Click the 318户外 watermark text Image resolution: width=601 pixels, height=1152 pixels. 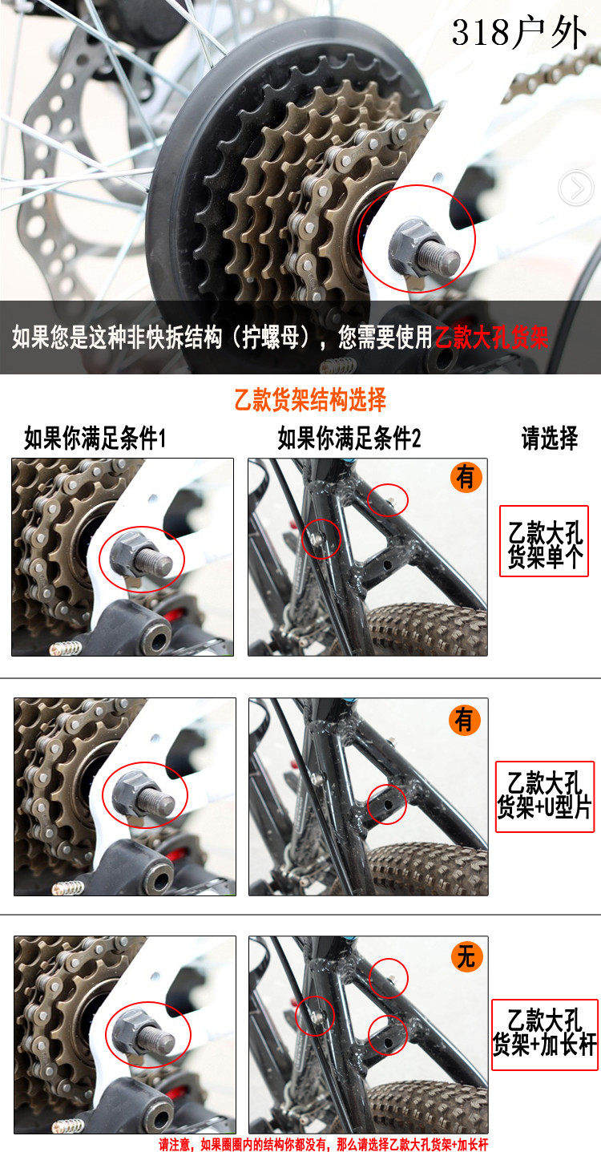(x=518, y=32)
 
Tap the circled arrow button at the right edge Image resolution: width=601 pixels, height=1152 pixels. (x=576, y=188)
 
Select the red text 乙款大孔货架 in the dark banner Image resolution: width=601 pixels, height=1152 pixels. (x=491, y=338)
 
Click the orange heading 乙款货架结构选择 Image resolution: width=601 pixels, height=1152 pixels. (x=310, y=399)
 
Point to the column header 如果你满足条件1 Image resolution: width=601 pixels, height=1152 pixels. (x=95, y=439)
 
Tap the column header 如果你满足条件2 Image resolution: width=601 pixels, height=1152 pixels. (x=349, y=439)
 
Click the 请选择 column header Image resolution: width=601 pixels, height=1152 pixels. (x=550, y=439)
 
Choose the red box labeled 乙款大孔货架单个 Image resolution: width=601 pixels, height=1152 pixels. (x=544, y=541)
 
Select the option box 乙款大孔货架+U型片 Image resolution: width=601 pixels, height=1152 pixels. (x=544, y=797)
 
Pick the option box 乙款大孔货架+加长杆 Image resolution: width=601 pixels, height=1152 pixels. (x=545, y=1035)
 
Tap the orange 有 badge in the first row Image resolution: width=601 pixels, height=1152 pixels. (x=466, y=477)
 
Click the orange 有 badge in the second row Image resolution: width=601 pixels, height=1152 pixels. (x=464, y=719)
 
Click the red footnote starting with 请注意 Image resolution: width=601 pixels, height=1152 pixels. (x=324, y=1144)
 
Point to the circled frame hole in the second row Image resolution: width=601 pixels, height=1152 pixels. (x=387, y=804)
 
